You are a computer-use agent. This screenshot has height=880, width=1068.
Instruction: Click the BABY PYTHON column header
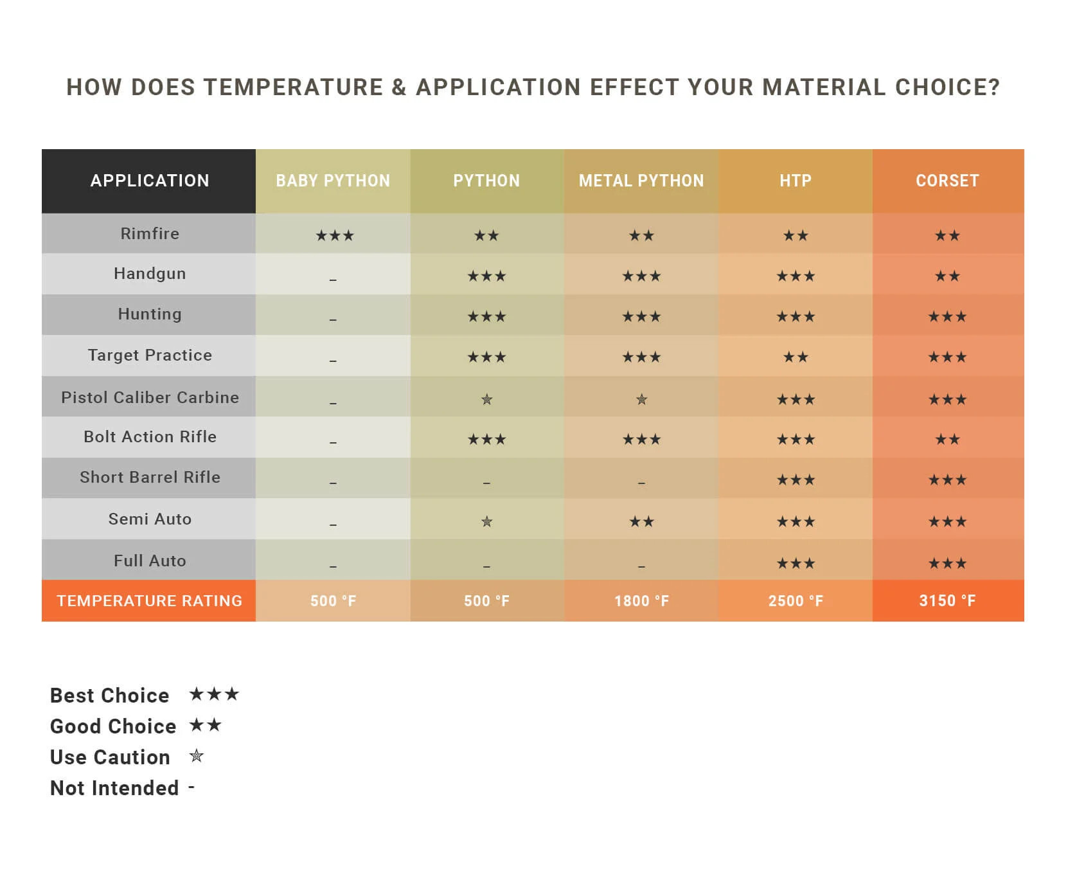(x=333, y=181)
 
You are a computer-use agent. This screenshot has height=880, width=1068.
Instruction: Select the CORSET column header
(x=947, y=181)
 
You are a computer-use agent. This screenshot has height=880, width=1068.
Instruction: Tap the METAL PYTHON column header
(x=641, y=181)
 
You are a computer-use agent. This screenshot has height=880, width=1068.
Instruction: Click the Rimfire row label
(x=150, y=233)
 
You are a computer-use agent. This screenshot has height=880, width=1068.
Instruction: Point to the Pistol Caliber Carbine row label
(x=150, y=397)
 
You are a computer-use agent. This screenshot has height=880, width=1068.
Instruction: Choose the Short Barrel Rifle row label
(x=150, y=477)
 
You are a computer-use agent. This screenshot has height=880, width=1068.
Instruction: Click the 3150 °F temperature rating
(x=947, y=601)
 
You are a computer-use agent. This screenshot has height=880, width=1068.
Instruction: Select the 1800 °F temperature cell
(x=641, y=601)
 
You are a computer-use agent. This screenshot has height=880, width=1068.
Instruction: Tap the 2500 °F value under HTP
(x=796, y=601)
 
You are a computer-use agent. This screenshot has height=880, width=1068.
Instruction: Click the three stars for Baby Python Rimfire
(x=335, y=236)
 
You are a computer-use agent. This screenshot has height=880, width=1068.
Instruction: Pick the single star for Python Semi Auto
(x=486, y=521)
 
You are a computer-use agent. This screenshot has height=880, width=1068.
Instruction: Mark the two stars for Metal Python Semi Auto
(x=641, y=521)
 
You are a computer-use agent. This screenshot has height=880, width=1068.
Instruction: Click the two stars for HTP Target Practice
(x=796, y=357)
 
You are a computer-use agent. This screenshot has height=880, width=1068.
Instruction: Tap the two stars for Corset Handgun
(x=947, y=276)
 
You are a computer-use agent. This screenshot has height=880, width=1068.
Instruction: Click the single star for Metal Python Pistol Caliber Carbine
(x=641, y=400)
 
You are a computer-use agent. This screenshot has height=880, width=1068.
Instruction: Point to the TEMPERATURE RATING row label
(x=149, y=601)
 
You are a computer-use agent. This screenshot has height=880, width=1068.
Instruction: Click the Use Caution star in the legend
(x=197, y=756)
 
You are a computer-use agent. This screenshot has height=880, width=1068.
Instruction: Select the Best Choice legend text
(x=109, y=696)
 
